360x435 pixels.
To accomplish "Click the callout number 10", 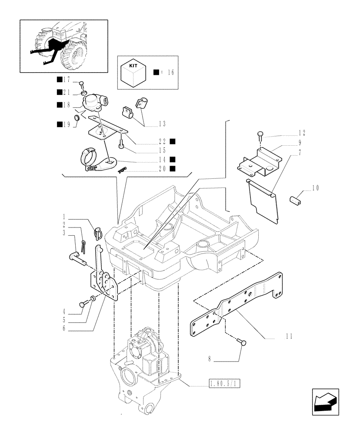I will pos(316,189).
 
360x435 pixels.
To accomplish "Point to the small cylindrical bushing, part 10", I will pos(296,200).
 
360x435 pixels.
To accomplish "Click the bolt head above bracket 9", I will pos(260,134).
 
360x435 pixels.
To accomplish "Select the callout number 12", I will pos(302,132).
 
